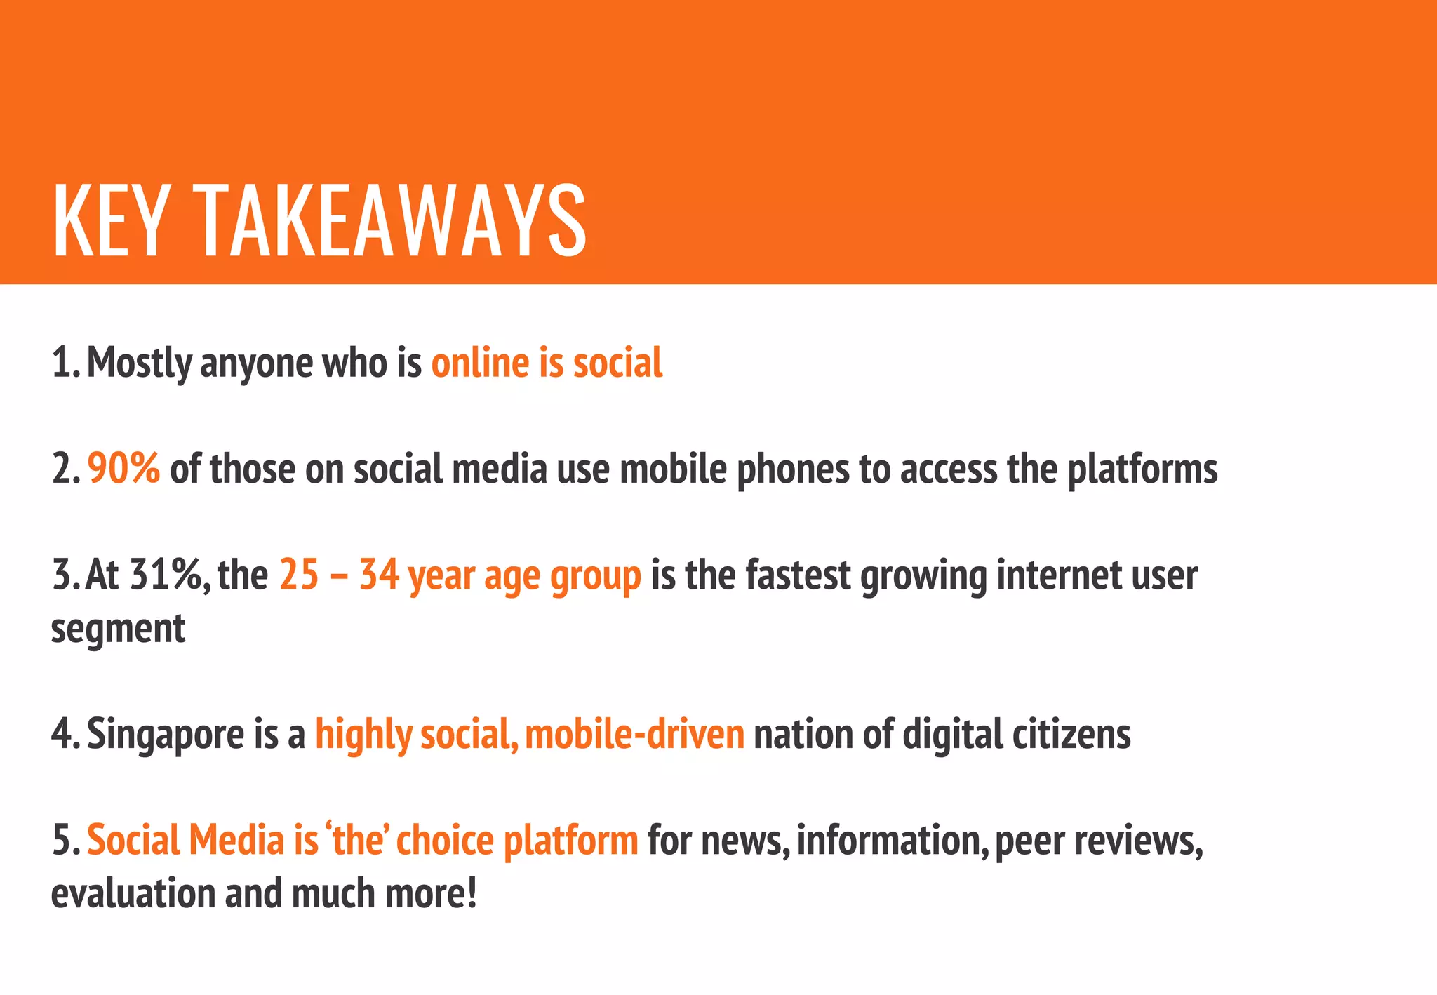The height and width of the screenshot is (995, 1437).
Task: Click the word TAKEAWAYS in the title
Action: click(390, 221)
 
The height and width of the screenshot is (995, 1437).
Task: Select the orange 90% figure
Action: click(124, 468)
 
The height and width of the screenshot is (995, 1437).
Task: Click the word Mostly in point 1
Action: click(139, 363)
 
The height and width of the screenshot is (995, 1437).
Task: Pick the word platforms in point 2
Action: click(1142, 469)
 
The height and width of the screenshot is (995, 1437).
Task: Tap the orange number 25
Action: click(299, 575)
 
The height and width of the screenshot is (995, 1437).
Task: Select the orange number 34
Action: click(379, 575)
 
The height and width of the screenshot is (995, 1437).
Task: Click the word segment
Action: click(118, 628)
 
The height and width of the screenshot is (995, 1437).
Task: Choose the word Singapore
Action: click(166, 735)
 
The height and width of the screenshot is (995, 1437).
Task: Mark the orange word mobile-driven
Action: click(634, 733)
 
